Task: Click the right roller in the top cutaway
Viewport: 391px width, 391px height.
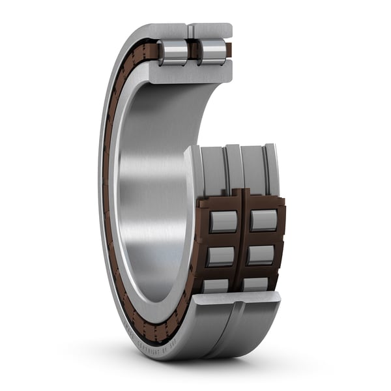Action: click(x=212, y=52)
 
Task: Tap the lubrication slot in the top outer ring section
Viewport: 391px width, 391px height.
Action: click(x=190, y=30)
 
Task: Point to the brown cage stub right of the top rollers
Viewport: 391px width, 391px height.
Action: click(x=229, y=49)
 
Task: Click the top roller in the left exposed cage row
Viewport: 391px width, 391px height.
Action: click(x=223, y=222)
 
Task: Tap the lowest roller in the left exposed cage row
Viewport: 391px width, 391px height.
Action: click(x=216, y=285)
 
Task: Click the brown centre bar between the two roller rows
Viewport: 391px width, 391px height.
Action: click(x=242, y=241)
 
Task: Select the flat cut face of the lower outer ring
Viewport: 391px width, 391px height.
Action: click(x=235, y=298)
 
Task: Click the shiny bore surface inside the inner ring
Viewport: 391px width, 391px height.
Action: click(x=153, y=195)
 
